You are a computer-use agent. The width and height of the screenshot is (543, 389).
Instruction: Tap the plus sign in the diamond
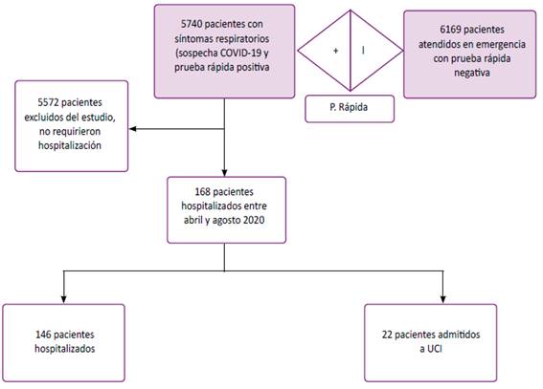point(335,48)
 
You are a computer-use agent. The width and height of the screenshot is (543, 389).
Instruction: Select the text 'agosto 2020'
point(238,219)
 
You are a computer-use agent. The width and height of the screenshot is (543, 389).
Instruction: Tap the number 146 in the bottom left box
point(45,335)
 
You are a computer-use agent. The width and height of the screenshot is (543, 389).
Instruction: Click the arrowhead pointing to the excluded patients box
point(132,130)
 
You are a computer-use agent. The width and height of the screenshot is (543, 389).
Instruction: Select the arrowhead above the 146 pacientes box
point(64,298)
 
